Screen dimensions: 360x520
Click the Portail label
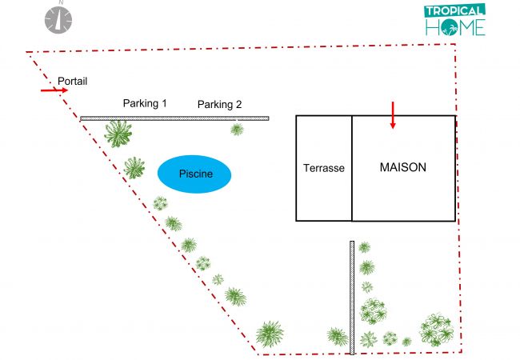pyautogui.click(x=72, y=81)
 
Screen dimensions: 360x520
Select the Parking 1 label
pyautogui.click(x=145, y=103)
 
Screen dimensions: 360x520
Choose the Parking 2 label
pyautogui.click(x=219, y=104)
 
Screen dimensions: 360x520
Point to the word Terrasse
pyautogui.click(x=324, y=169)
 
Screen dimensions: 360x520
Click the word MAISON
pyautogui.click(x=402, y=168)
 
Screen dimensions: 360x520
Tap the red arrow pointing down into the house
pyautogui.click(x=393, y=115)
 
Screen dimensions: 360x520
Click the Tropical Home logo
pyautogui.click(x=454, y=20)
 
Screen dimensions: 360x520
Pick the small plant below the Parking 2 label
pyautogui.click(x=237, y=129)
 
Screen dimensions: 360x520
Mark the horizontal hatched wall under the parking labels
pyautogui.click(x=174, y=118)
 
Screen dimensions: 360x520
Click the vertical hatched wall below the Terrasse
pyautogui.click(x=352, y=297)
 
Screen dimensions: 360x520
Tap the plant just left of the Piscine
pyautogui.click(x=134, y=168)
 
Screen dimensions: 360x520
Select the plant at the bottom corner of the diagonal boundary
pyautogui.click(x=270, y=334)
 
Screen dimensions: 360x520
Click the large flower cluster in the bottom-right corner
pyautogui.click(x=437, y=329)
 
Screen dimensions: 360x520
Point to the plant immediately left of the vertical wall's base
pyautogui.click(x=337, y=335)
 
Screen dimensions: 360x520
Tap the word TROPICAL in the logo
pyautogui.click(x=454, y=11)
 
